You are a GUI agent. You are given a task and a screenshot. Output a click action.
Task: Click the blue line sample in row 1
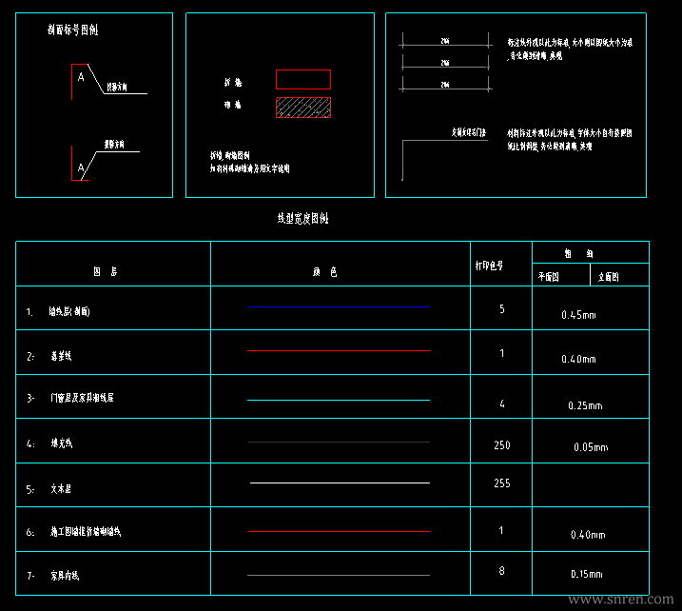click(339, 307)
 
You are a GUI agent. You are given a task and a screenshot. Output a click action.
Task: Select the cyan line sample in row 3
click(339, 400)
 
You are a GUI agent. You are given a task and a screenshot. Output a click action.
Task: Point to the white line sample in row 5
click(339, 483)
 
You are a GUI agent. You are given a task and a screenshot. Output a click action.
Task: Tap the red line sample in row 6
click(339, 532)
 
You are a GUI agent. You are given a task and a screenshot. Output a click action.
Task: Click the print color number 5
click(501, 309)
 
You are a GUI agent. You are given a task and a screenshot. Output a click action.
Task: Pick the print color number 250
click(502, 445)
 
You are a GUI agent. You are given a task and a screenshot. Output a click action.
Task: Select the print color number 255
click(502, 483)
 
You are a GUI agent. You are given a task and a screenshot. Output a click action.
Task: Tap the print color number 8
click(501, 571)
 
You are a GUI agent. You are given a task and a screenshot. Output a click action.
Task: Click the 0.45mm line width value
click(577, 314)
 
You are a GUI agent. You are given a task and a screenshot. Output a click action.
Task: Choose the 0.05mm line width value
click(591, 447)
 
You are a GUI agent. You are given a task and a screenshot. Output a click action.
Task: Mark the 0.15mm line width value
click(585, 575)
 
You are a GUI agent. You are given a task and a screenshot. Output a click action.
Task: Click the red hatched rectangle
click(303, 108)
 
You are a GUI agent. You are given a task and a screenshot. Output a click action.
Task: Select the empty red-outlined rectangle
click(303, 80)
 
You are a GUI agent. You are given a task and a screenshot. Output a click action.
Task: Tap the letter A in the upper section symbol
click(81, 77)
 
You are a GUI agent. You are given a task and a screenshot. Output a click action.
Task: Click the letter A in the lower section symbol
click(81, 168)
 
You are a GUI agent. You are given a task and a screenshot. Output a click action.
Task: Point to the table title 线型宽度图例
click(302, 219)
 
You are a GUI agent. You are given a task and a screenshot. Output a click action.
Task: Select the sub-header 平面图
click(550, 278)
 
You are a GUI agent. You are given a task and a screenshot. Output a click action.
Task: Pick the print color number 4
click(501, 404)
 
